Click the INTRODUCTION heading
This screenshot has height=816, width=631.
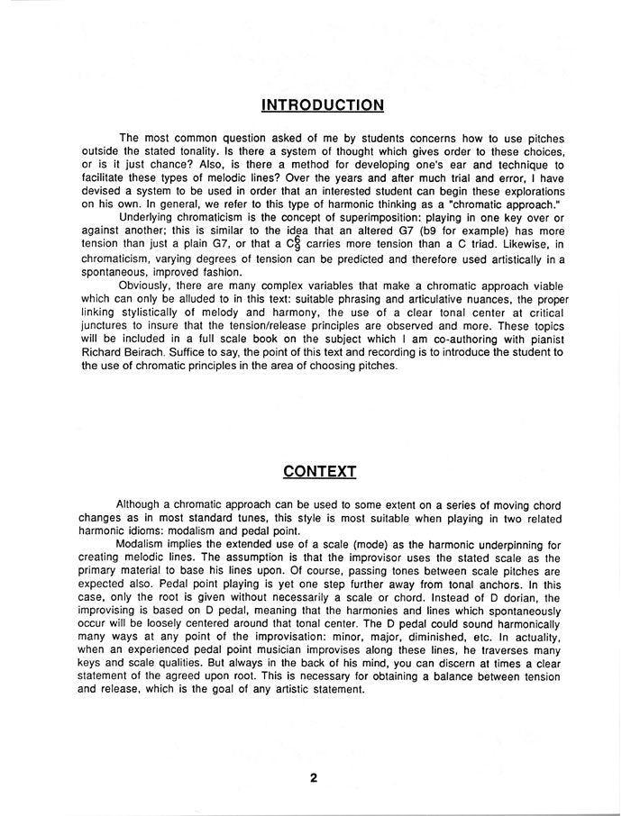click(x=323, y=105)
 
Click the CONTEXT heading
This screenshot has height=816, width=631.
click(x=320, y=471)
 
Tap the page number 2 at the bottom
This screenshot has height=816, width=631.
click(x=315, y=779)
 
